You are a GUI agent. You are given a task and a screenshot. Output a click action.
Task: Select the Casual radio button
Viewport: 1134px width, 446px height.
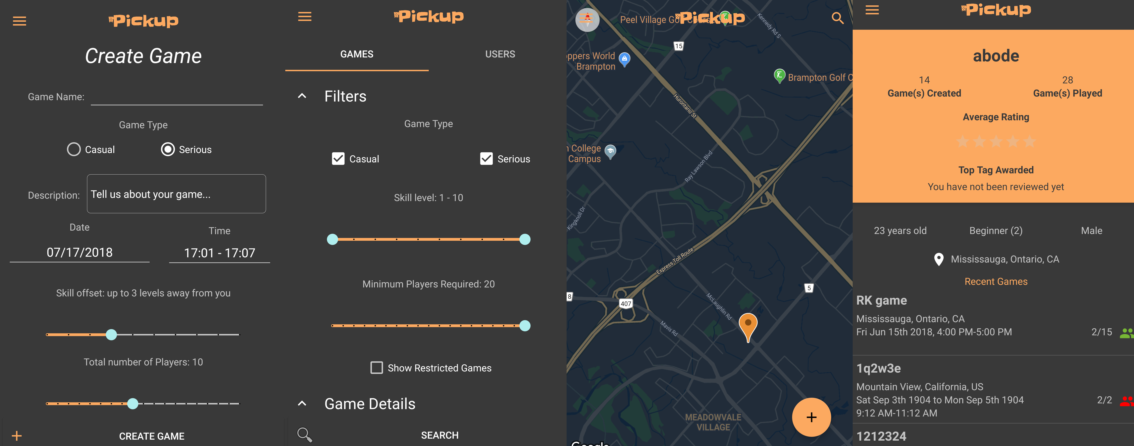tap(74, 149)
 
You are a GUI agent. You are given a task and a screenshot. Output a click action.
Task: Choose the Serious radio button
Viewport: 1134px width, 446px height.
tap(168, 149)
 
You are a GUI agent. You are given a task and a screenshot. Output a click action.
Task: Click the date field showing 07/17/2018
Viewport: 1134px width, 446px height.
tap(80, 253)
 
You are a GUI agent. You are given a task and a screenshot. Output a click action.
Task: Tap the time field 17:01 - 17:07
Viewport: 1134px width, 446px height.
tap(219, 253)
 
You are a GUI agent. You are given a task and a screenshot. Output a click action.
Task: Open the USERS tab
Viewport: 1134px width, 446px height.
tap(500, 54)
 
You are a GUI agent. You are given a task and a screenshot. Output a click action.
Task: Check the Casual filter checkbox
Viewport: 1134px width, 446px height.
tap(338, 159)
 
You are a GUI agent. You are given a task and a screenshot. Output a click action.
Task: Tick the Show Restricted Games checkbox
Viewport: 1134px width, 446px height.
tap(376, 368)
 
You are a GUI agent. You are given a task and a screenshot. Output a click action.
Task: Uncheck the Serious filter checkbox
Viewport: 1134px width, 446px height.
tap(486, 159)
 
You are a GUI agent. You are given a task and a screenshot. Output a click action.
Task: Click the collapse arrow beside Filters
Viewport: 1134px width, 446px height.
tap(302, 96)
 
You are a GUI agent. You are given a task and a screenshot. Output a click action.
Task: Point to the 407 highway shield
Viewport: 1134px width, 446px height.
tap(626, 303)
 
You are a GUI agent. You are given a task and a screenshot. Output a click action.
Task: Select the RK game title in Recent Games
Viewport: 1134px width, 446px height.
tap(881, 301)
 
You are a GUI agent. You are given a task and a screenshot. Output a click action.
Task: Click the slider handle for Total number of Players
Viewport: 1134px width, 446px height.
tap(132, 403)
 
